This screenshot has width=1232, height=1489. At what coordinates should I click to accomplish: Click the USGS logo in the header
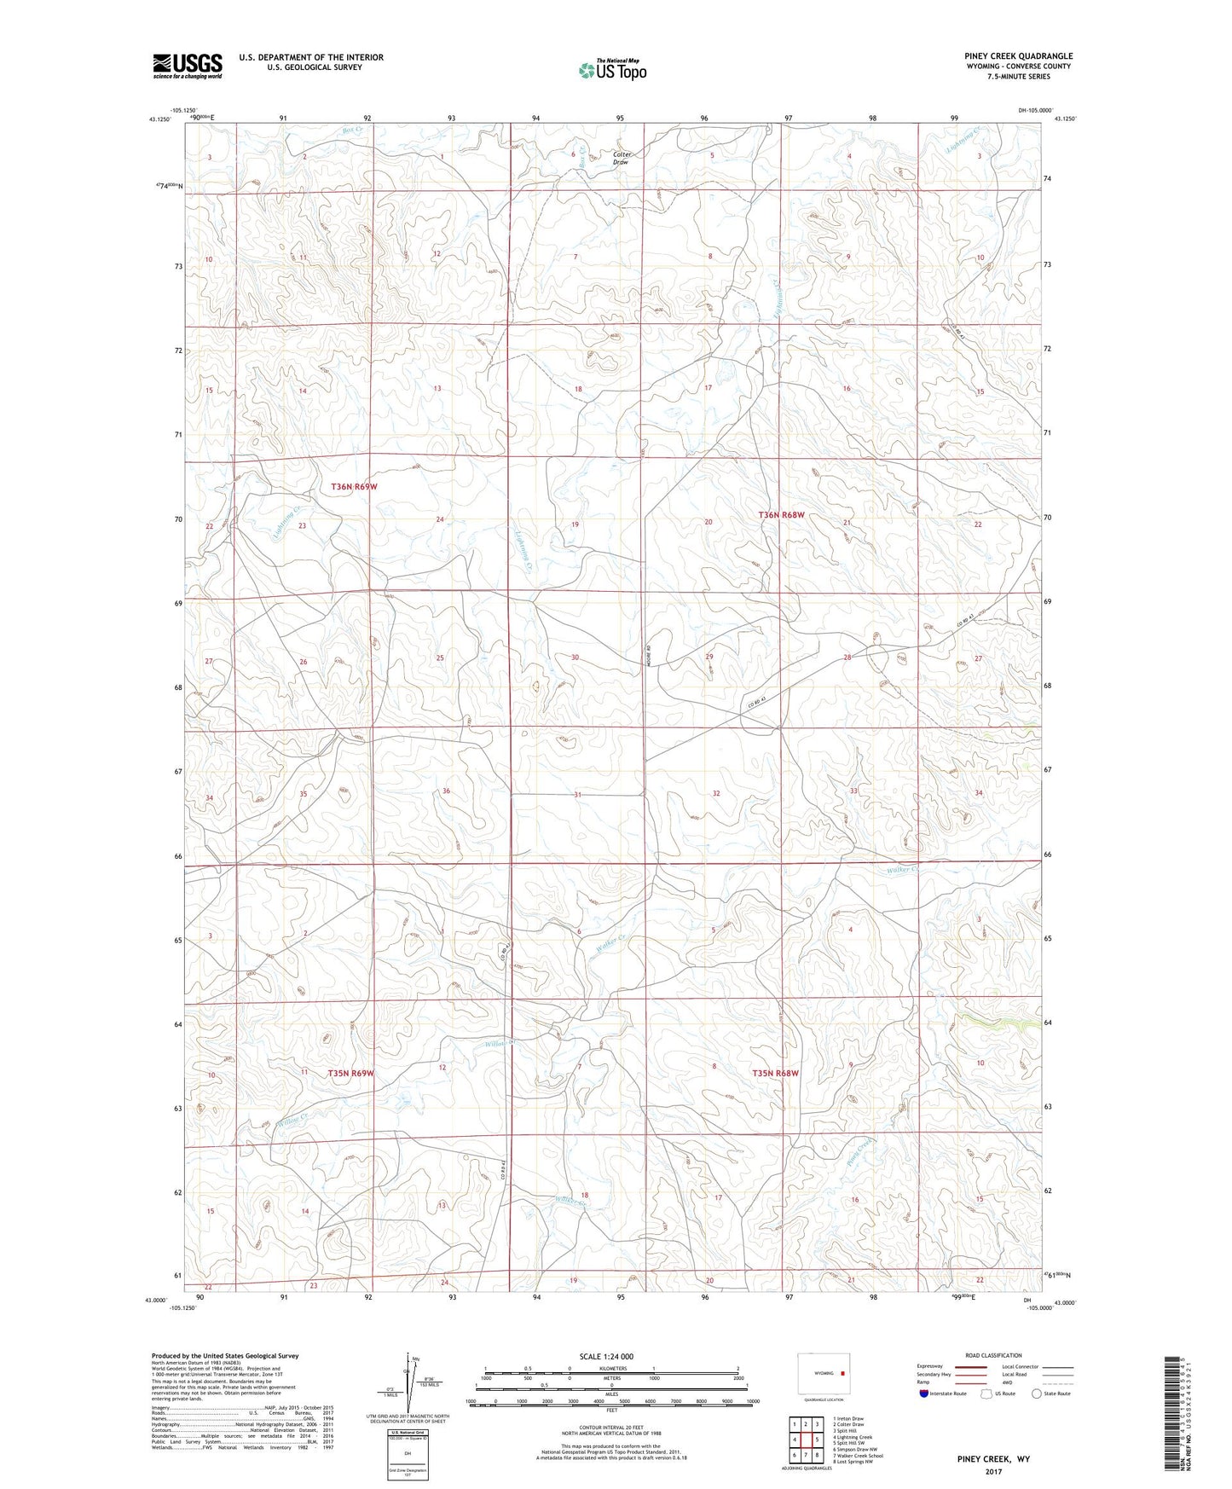click(187, 66)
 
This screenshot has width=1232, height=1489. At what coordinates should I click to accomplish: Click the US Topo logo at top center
click(611, 70)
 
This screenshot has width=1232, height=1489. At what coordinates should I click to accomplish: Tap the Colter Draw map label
click(621, 158)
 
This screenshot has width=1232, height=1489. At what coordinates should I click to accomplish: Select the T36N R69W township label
click(354, 486)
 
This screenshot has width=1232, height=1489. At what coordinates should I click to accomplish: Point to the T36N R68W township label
click(782, 515)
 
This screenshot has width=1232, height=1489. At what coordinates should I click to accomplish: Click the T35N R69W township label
click(350, 1072)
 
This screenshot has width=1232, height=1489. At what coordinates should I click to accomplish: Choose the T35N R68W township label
click(775, 1073)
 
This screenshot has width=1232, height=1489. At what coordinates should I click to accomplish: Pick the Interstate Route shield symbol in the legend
click(925, 1393)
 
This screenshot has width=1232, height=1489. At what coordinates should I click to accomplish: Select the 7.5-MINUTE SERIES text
click(1019, 77)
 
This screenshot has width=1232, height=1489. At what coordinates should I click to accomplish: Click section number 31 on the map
click(577, 794)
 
